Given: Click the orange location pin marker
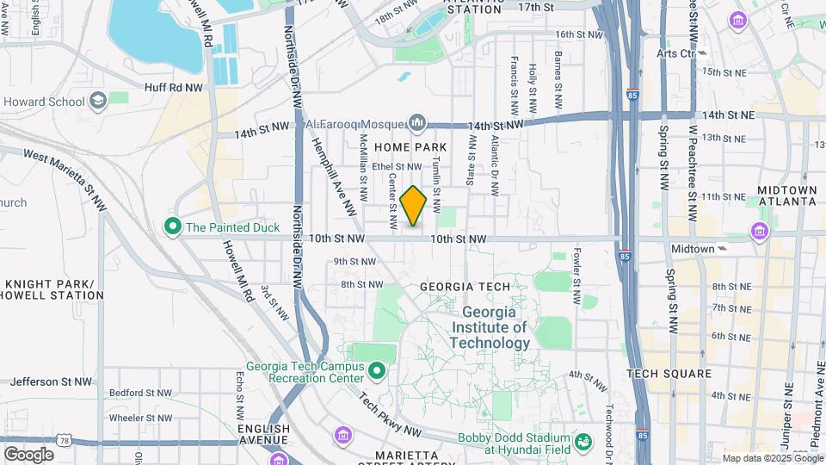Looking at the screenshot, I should tap(414, 206).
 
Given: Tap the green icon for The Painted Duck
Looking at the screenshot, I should tap(173, 227).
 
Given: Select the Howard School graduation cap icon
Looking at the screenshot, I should tap(97, 102).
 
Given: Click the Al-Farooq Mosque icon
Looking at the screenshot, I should tap(418, 124).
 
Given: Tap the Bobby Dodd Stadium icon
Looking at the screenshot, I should tap(583, 442).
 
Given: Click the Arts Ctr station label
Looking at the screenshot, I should tap(675, 53).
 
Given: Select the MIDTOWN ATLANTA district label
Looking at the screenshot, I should tap(786, 195).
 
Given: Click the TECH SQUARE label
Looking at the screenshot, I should tap(669, 374).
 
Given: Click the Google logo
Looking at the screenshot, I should tap(28, 454).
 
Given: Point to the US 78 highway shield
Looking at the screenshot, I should tap(66, 440).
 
